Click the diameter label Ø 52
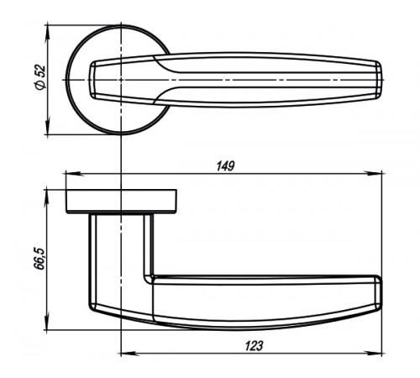point(40,77)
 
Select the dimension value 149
point(225,166)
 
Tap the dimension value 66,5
point(39,258)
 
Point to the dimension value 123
point(255,346)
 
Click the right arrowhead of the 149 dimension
point(373,174)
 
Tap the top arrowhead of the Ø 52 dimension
point(48,34)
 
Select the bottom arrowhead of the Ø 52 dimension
point(48,125)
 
